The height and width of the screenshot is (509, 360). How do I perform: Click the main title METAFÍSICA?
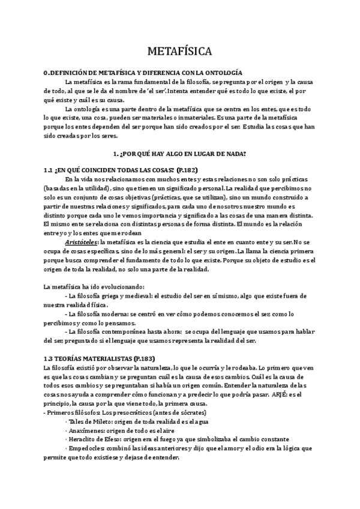179,50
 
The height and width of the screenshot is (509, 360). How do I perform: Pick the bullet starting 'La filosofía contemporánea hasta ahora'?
185,331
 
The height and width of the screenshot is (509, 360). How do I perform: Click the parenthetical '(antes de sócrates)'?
179,415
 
